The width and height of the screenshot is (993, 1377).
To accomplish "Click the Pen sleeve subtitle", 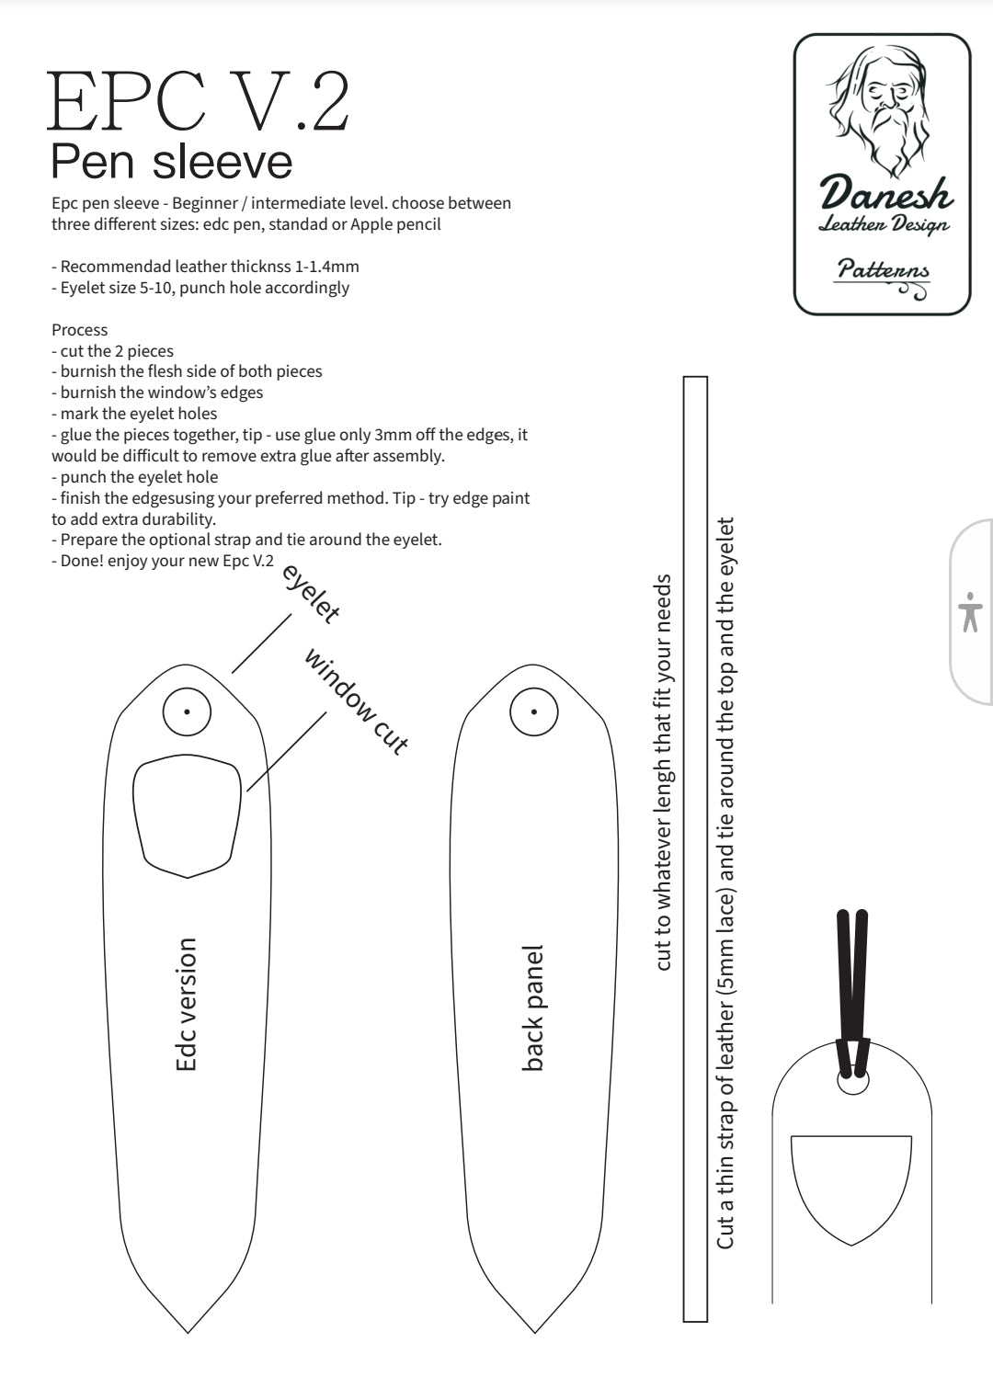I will point(172,161).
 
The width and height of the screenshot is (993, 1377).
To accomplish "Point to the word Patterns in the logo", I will point(883,270).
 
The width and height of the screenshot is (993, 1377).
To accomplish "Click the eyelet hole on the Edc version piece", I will point(188,711).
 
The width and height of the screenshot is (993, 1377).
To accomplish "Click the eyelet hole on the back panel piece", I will point(534,711).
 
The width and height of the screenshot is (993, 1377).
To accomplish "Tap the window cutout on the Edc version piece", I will point(188,816).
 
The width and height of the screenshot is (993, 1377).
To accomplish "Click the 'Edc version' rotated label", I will point(187,1004).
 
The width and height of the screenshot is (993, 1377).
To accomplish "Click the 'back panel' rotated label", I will point(532,1007).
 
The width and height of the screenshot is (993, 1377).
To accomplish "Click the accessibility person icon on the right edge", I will point(970,612).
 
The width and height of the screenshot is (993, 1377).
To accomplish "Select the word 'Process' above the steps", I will point(79,330).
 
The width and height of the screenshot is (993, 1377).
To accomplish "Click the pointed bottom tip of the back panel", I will point(534,1328).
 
